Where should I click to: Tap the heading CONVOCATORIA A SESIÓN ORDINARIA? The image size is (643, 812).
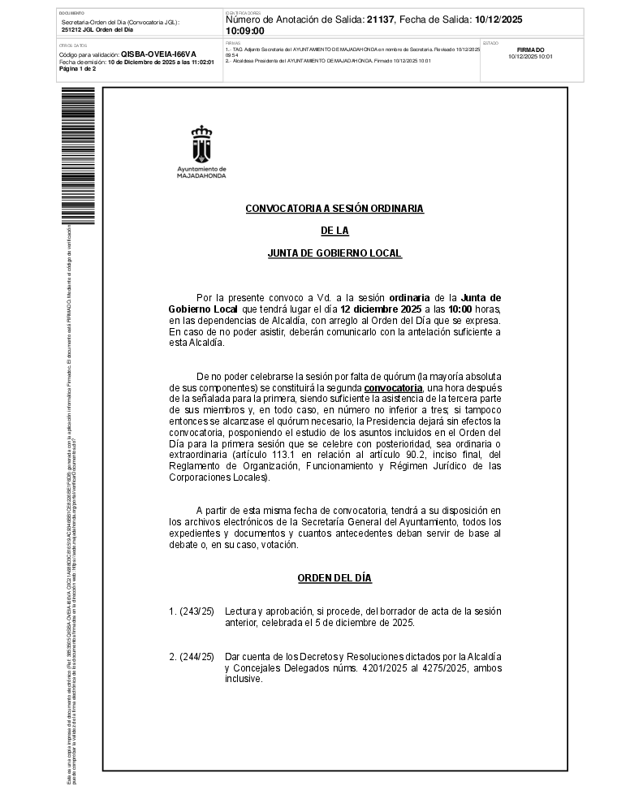pos(334,209)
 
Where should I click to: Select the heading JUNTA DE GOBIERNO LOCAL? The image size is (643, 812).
pos(334,253)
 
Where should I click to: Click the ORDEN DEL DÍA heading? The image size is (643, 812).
pos(334,578)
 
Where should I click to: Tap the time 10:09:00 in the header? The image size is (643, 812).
pos(244,31)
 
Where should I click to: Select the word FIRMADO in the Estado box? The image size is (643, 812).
pos(530,50)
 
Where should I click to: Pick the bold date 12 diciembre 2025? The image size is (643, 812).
pos(380,309)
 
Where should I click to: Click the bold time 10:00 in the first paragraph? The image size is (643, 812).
pos(460,309)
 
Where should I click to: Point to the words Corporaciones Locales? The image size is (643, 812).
pos(219,477)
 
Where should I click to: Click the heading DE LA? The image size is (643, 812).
pos(334,231)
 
